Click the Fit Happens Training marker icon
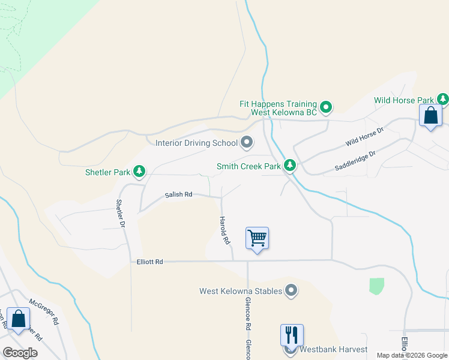tap(326, 107)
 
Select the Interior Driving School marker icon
tap(247, 143)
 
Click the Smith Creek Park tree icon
tap(290, 165)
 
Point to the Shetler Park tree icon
tap(139, 172)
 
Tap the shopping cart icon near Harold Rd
tap(257, 238)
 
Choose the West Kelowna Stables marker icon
tap(291, 291)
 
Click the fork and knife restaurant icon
tap(292, 335)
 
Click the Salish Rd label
tap(179, 194)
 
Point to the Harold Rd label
tap(224, 230)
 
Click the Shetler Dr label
tap(121, 213)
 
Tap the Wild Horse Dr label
tap(364, 138)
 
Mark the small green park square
tap(376, 286)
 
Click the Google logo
tap(20, 353)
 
